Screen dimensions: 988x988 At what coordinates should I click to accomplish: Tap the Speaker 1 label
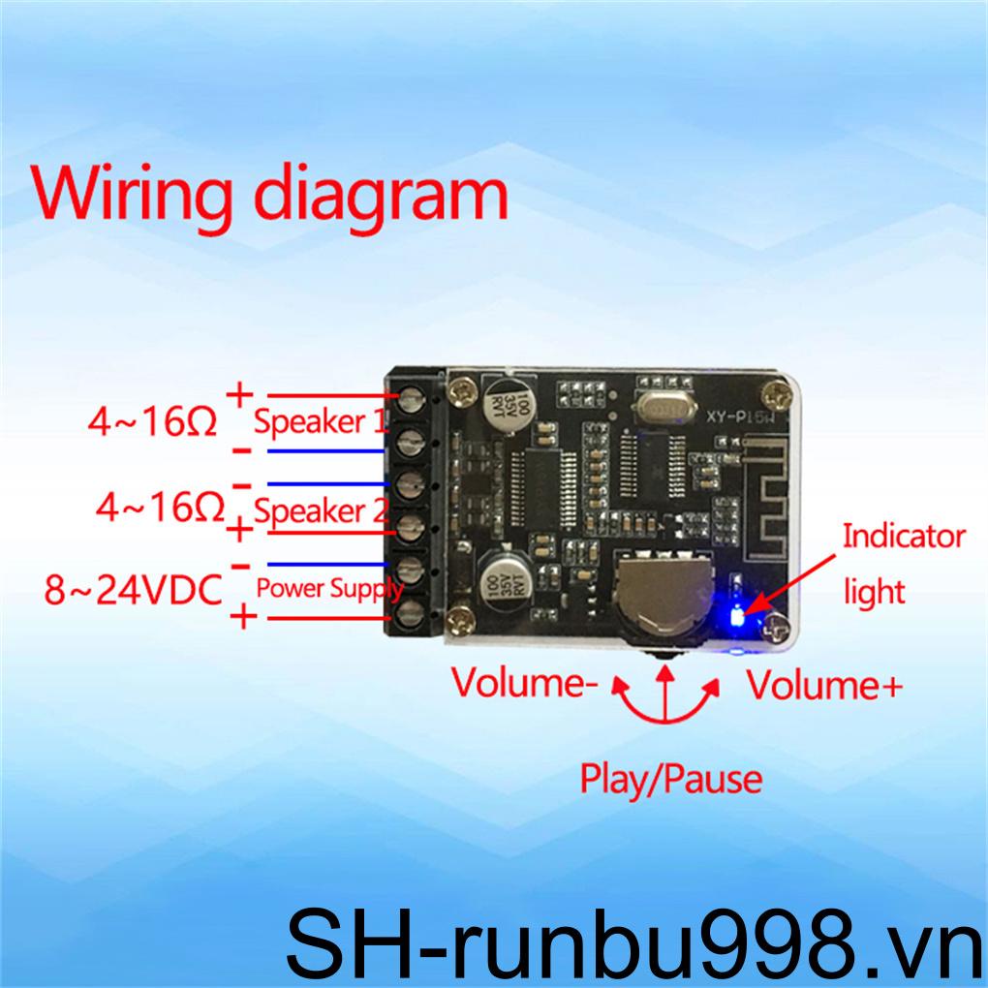coord(321,422)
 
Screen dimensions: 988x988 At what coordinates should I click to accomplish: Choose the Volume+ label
coord(824,685)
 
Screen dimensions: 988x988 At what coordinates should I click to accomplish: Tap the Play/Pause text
coord(670,778)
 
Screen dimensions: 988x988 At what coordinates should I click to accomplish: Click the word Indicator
coord(904,536)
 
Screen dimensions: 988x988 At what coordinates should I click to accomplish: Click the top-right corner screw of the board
coord(774,395)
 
